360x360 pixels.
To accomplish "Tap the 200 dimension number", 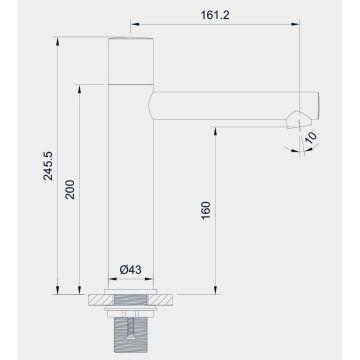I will click(x=69, y=190).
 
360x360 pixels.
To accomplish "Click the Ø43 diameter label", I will click(x=129, y=271).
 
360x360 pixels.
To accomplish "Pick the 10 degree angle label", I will click(x=311, y=136).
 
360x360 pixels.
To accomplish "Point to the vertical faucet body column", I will click(x=129, y=180).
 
